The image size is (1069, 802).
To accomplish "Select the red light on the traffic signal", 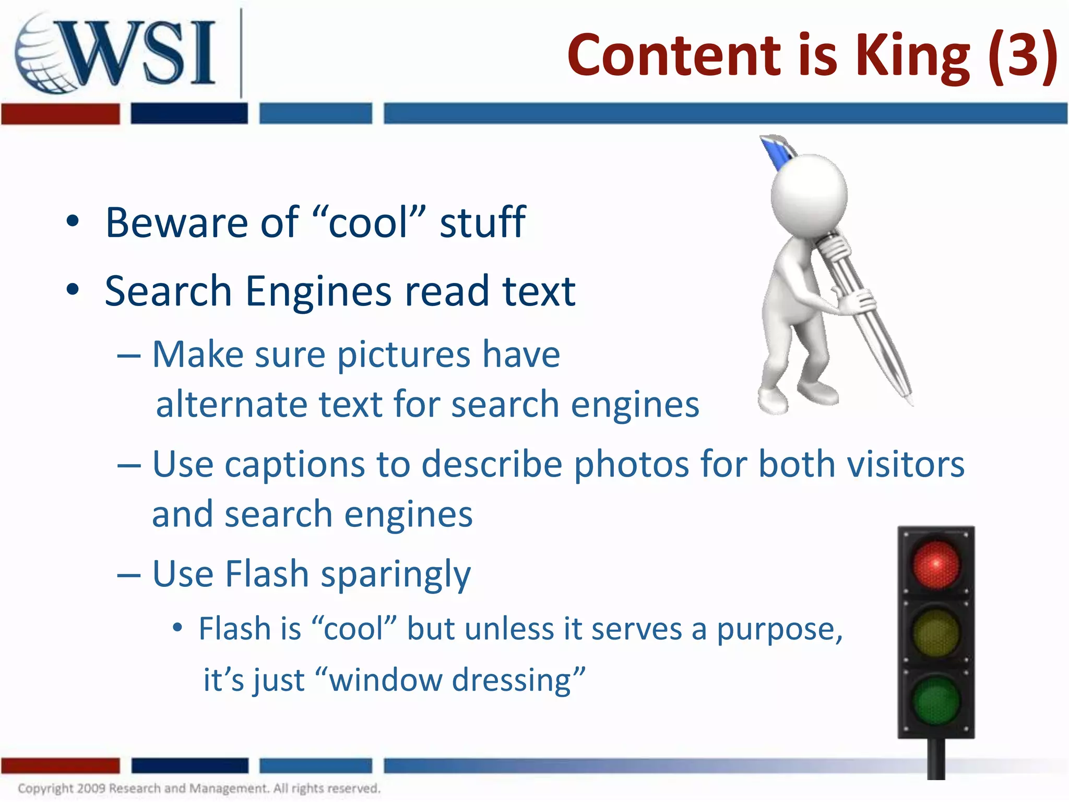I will click(936, 564).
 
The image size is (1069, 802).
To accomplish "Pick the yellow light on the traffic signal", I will click(936, 632).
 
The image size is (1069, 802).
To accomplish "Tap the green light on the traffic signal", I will click(936, 700).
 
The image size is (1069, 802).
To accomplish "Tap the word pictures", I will click(404, 355).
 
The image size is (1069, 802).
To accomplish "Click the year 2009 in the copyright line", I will click(91, 788).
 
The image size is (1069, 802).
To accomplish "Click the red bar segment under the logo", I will click(60, 114).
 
